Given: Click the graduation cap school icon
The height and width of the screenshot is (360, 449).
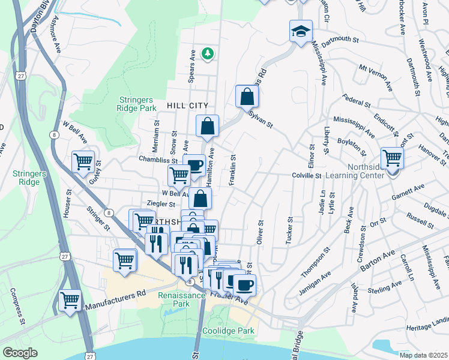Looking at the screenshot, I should coord(301,31).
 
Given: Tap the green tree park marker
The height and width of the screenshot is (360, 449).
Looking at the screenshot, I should coord(208,55).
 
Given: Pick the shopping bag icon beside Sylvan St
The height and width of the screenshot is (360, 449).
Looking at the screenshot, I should coord(247,95).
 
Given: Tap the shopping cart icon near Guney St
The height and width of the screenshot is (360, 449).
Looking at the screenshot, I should coord(83,161).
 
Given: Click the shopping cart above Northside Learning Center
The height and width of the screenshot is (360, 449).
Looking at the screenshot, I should coord(392,158).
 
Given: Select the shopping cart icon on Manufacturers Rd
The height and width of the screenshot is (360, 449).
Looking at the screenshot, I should coord(70,299).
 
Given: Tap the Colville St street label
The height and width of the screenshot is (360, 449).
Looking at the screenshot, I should coord(307,176).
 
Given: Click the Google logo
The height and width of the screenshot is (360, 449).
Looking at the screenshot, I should coord(20,353).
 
